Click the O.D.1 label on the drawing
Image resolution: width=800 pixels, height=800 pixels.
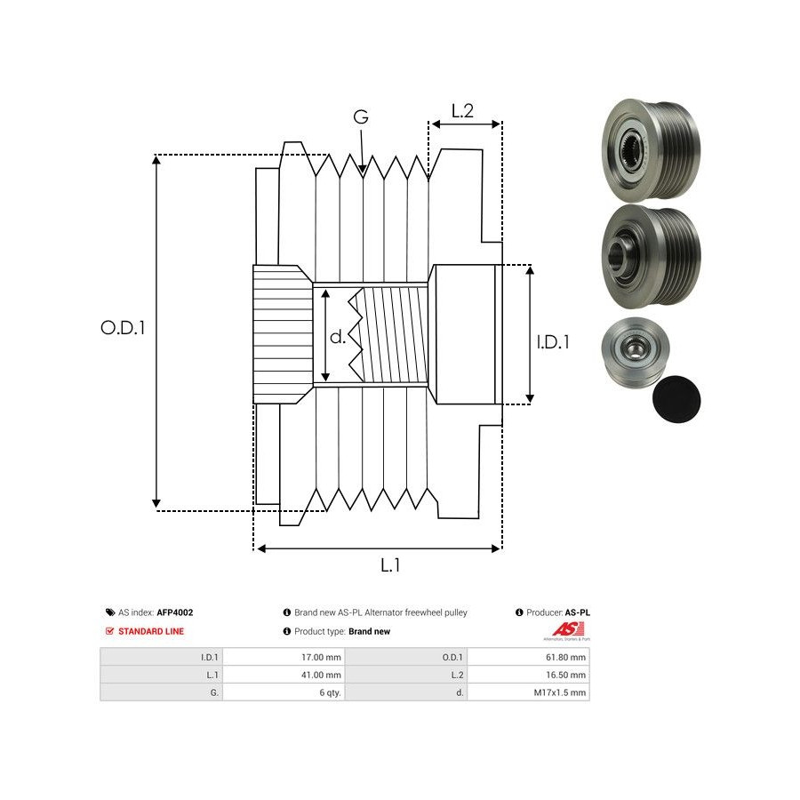(x=123, y=327)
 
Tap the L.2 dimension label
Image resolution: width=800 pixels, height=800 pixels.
(x=462, y=111)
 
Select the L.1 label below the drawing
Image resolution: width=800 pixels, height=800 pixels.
(x=390, y=564)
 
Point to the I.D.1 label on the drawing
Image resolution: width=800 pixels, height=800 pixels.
(x=553, y=341)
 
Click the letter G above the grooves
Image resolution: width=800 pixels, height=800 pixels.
(x=361, y=117)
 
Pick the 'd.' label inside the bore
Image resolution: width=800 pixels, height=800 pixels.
(x=338, y=337)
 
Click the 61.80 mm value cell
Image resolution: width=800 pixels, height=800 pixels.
(x=566, y=658)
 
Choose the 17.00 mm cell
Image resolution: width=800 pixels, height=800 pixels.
(x=321, y=658)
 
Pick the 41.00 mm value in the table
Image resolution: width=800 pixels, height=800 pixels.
(x=321, y=676)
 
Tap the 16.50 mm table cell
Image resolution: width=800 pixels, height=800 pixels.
(x=566, y=676)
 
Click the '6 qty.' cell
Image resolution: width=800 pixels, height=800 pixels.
(x=329, y=692)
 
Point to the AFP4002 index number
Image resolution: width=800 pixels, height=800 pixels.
(x=175, y=612)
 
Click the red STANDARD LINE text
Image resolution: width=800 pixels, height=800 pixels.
(x=151, y=631)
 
